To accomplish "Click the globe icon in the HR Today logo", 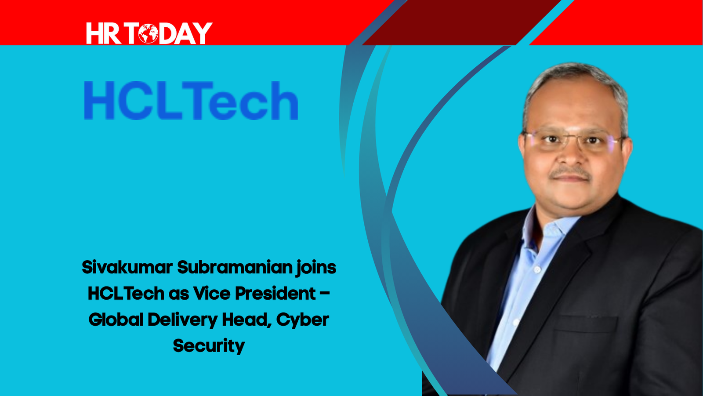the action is (x=148, y=33).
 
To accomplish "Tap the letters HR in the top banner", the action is (x=104, y=33).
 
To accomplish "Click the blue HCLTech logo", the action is (x=191, y=100).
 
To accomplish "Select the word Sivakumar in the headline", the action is (x=127, y=268).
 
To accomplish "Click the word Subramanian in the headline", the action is (x=235, y=268).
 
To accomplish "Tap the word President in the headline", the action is (x=275, y=294).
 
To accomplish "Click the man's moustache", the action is (x=571, y=173).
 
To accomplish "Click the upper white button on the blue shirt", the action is (x=537, y=269).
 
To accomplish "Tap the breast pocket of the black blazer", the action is (x=586, y=323).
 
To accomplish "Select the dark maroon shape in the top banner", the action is (x=461, y=22).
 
